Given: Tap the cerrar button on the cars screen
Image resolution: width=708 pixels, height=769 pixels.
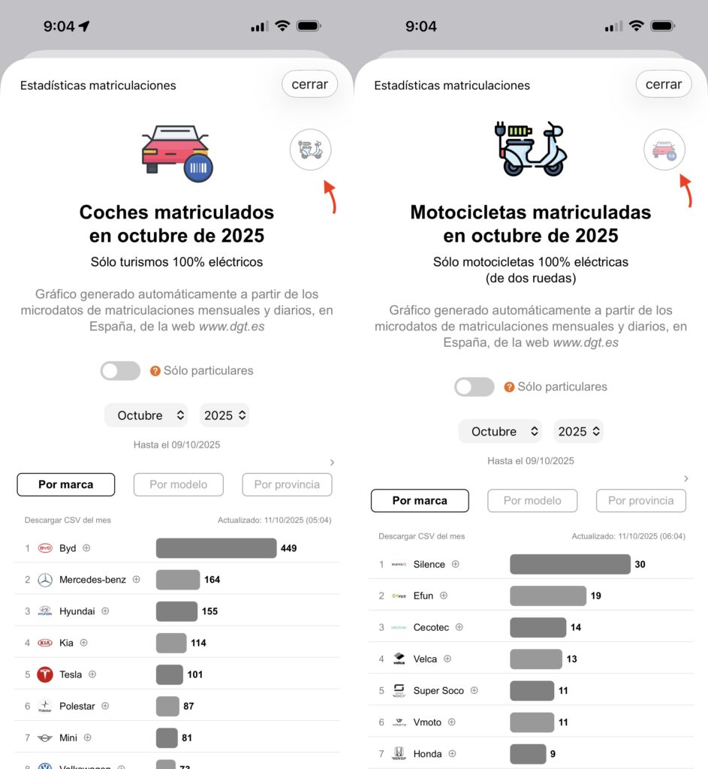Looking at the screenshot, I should coord(309,84).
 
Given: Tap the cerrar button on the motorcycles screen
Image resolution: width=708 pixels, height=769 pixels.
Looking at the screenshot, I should coord(664,84).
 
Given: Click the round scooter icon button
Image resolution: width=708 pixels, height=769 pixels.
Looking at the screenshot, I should coord(310,149).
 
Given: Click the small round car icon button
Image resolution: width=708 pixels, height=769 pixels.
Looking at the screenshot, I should coord(664,150).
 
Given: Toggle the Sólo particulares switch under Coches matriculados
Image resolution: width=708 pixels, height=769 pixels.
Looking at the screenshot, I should coord(121,371).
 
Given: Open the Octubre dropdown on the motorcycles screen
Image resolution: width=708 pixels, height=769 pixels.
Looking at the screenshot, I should coord(500,431).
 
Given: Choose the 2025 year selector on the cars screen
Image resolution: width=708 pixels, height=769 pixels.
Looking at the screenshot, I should coord(224,415).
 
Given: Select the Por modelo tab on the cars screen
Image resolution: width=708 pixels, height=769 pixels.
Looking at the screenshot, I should coord(179,484).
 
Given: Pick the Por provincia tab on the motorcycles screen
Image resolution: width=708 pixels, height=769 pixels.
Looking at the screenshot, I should coord(640,500).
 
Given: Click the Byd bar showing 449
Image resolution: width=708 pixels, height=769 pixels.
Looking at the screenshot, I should coord(216,548).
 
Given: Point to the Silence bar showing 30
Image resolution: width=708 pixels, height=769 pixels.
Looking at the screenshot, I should coord(570,564).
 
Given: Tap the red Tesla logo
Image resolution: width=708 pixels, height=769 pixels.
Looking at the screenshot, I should coord(45,674).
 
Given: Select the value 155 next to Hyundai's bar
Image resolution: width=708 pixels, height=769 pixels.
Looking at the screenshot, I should coord(209,611).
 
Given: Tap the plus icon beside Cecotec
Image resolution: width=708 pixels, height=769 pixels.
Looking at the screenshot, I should coord(459,627).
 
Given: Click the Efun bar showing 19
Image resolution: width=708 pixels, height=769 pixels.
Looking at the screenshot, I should coord(547,596).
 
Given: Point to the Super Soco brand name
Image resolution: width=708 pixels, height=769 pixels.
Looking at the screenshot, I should coord(438,690).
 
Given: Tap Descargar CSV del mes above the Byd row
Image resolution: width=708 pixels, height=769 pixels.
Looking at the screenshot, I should coord(68,520).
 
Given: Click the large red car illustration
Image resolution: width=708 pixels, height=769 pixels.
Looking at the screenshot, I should coord(176,148).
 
